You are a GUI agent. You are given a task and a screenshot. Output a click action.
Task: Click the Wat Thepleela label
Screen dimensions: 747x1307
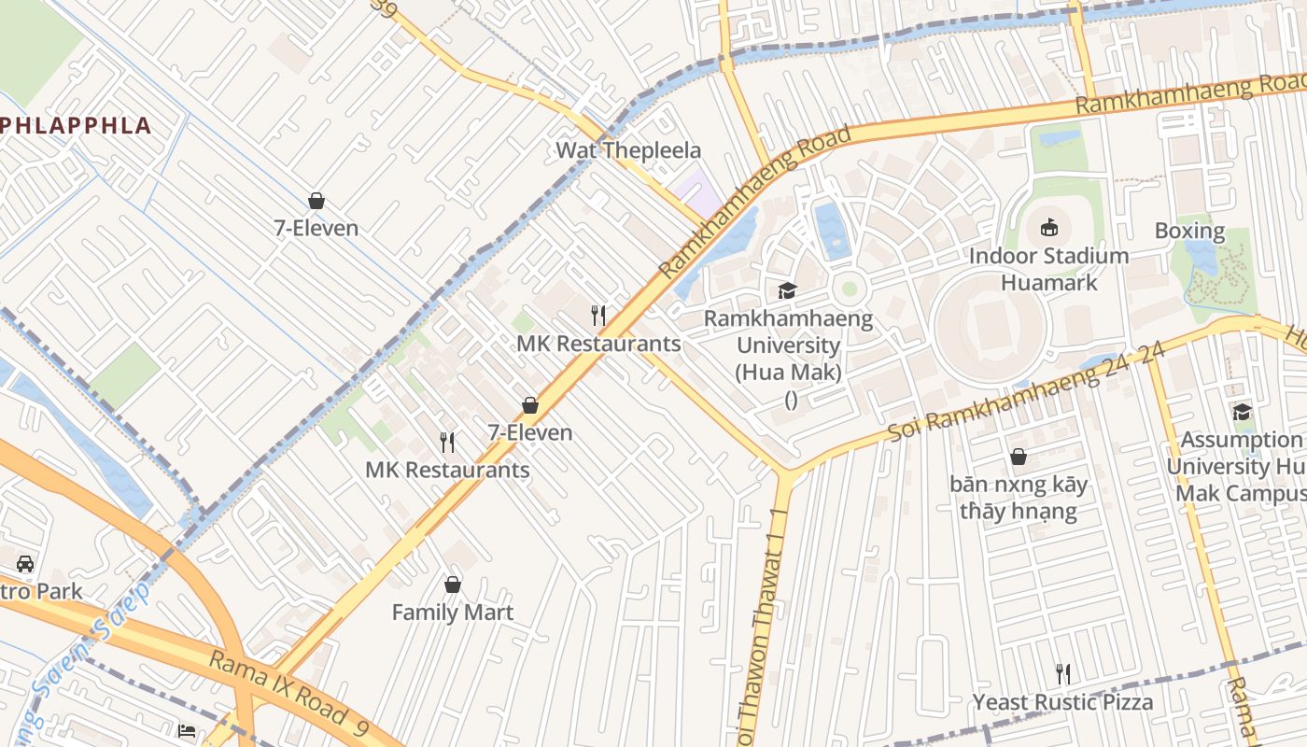(627, 150)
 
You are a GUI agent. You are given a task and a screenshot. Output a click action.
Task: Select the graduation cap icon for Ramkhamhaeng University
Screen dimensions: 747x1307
(788, 290)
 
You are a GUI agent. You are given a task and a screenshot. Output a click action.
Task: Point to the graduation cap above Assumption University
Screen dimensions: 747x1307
(1242, 412)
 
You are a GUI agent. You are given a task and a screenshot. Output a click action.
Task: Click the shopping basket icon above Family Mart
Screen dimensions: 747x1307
(453, 585)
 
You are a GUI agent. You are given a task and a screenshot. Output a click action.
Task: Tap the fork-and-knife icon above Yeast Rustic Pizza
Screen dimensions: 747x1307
(1062, 673)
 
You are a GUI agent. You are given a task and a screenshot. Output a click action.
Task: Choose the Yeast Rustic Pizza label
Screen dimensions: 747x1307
(1062, 702)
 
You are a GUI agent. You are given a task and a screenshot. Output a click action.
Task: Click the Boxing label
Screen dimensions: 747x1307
(1189, 231)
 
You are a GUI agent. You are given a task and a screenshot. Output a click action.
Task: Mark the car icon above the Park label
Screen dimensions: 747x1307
(25, 564)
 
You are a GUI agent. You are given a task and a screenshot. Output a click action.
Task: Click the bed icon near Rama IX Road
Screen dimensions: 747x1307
(187, 730)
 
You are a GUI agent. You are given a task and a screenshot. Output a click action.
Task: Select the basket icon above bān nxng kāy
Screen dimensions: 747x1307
(1019, 457)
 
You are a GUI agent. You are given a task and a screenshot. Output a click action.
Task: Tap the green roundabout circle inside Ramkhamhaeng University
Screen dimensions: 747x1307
(849, 287)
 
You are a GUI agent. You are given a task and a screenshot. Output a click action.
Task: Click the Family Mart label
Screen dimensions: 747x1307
(453, 613)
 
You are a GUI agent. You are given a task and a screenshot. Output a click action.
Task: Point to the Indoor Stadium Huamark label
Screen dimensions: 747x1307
(1048, 269)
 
